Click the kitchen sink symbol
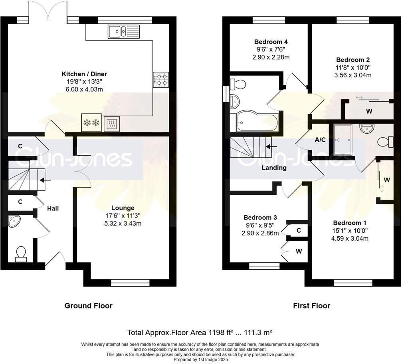[x=123, y=31]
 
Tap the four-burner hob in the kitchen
[x=161, y=79]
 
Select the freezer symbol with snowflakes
[x=91, y=123]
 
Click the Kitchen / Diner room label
[x=84, y=74]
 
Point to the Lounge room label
[x=123, y=208]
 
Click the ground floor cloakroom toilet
[x=21, y=254]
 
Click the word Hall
[x=53, y=208]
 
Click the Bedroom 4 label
[x=271, y=42]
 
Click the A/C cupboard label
[x=320, y=140]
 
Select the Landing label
[x=274, y=168]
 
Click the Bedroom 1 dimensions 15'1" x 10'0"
[x=351, y=230]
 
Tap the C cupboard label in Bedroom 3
[x=299, y=230]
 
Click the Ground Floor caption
[x=88, y=306]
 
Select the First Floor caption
[x=311, y=306]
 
